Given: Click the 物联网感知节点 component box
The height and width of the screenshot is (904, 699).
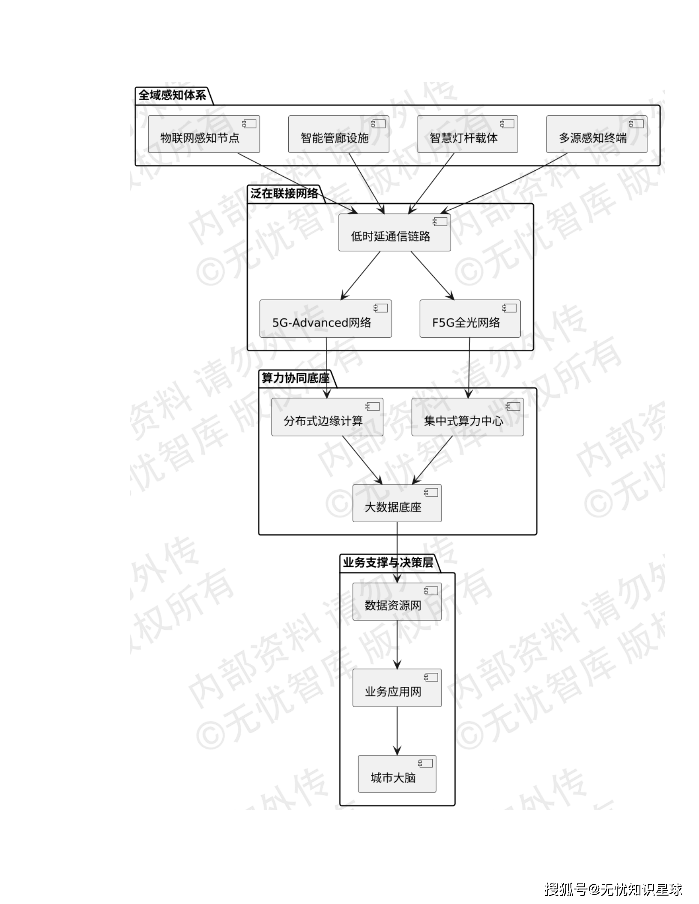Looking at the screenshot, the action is coord(204,134).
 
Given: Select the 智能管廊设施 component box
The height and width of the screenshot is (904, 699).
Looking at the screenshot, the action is coord(338,134).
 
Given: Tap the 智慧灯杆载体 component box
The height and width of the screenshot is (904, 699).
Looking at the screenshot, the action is coord(467,134).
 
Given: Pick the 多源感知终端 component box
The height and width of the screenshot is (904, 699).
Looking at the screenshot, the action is coord(596,134).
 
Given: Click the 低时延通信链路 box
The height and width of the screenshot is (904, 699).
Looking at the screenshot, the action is coord(394,232).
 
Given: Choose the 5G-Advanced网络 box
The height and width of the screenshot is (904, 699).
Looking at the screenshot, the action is coord(326,318).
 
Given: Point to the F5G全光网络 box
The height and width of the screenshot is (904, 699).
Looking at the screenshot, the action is coord(470,318).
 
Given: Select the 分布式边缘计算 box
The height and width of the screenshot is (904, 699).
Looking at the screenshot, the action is coord(327,417).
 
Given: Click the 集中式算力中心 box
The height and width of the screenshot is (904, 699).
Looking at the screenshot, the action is coord(467,417).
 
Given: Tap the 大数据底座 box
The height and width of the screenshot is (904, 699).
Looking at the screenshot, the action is coord(397,503).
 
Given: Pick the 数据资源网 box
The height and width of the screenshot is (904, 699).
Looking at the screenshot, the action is coord(397,602).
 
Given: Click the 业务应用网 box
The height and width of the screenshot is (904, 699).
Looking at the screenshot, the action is coord(397,688).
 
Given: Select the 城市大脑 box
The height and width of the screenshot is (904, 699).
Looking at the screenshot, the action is coord(397,774).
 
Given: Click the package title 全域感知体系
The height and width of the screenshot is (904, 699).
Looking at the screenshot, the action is coord(172,95).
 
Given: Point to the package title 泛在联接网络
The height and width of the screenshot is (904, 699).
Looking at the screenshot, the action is coord(284,193).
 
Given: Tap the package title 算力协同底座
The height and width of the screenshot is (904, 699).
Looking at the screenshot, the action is coord(296,378).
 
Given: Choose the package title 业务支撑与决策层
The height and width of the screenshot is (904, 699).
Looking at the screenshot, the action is coord(388,562).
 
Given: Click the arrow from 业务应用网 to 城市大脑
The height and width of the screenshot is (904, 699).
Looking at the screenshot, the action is coord(397,731).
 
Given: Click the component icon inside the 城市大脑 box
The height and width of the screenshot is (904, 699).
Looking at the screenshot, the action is coord(426,763).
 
